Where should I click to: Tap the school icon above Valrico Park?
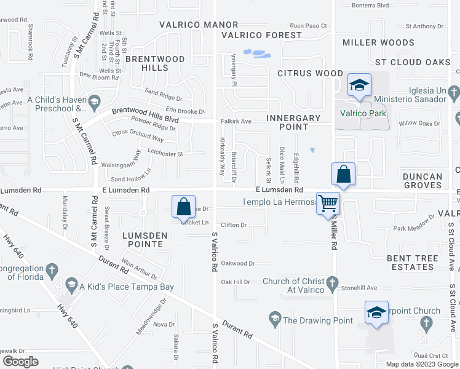click(x=359, y=85)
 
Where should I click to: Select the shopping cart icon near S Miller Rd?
click(x=328, y=202)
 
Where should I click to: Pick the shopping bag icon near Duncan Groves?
click(x=344, y=175)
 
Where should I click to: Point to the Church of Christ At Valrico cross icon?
click(x=333, y=284)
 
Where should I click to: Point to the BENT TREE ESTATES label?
click(x=411, y=262)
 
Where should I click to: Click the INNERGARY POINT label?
click(x=294, y=122)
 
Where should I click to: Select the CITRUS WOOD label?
click(x=310, y=73)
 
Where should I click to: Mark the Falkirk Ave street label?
click(x=236, y=122)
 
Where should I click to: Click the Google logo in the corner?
click(x=21, y=361)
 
